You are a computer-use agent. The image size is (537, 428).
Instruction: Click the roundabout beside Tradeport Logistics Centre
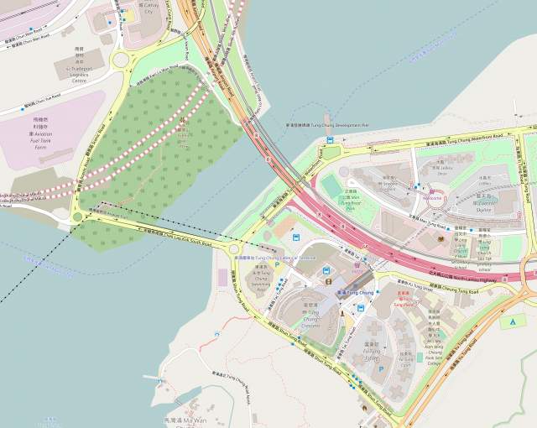pos(119,59)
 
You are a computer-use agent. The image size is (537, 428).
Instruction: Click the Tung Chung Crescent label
pos(310,316)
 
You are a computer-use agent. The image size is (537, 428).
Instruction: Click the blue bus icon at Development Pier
pos(330,139)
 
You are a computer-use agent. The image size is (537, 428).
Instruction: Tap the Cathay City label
pos(149,8)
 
